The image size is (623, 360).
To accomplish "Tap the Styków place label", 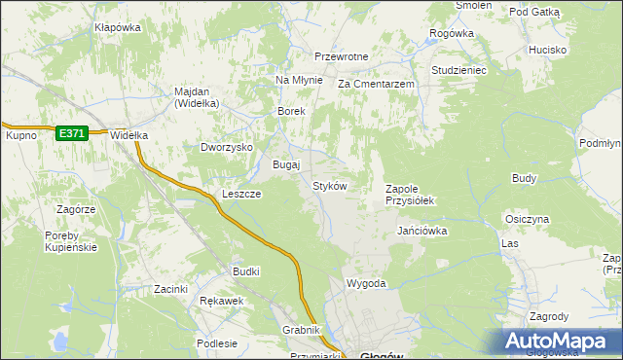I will pyautogui.click(x=329, y=185).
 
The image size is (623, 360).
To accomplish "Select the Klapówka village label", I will pyautogui.click(x=118, y=27).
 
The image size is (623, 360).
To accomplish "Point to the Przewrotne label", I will pyautogui.click(x=341, y=56).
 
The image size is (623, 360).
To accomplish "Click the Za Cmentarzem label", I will pyautogui.click(x=377, y=85).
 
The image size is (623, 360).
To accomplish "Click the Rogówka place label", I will pyautogui.click(x=451, y=33).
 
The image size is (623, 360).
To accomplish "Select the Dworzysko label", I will pyautogui.click(x=227, y=147).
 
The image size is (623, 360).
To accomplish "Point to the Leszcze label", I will pyautogui.click(x=241, y=194).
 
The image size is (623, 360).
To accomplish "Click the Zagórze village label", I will pyautogui.click(x=75, y=209).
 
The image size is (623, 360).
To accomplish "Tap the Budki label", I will pyautogui.click(x=245, y=271).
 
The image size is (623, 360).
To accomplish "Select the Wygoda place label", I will pyautogui.click(x=367, y=283).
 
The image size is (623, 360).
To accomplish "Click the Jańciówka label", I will pyautogui.click(x=421, y=231).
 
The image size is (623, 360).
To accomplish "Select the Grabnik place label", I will pyautogui.click(x=302, y=330).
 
